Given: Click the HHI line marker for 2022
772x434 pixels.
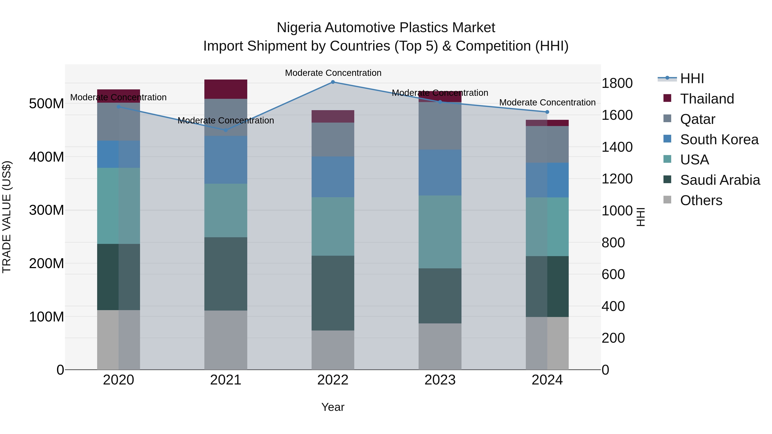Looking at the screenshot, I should coord(333,82).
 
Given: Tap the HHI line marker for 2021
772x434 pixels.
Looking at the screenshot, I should coord(226,130).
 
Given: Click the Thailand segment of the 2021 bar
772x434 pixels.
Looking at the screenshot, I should coord(226,89).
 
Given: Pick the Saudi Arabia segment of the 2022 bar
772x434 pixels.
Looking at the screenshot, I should coord(333,293).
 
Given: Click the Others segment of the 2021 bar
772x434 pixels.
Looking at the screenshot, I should coord(226,340).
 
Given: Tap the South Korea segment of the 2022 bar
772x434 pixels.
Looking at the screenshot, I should coord(333,177).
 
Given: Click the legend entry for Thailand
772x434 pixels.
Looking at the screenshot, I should coord(707,99).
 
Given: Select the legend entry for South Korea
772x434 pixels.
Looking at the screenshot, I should coord(719,140).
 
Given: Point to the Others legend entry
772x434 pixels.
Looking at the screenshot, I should coord(701,200).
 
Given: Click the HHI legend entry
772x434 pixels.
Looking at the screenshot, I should coord(692,78).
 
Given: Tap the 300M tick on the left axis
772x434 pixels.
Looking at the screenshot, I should coord(47,210).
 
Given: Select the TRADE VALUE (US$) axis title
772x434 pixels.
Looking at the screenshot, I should coord(7,217).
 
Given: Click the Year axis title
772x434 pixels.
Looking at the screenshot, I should coord(333,407).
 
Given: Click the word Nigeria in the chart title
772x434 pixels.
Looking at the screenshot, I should coord(299,28).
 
